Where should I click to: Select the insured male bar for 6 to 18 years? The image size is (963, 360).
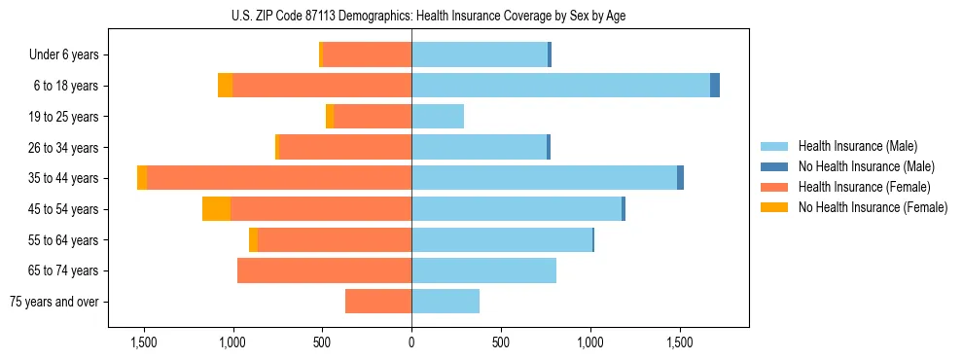560,86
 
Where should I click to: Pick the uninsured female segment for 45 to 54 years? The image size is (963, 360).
216,209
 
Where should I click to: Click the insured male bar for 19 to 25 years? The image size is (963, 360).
438,117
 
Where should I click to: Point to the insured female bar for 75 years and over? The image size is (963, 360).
378,302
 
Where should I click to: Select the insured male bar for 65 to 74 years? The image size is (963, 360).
483,270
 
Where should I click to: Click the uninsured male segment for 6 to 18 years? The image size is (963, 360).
715,86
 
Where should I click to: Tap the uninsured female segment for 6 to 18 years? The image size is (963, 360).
225,86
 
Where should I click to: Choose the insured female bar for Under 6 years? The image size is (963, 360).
367,54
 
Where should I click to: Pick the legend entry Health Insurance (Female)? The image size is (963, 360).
856,187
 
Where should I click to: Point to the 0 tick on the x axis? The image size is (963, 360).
411,343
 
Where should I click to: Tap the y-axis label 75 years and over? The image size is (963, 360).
54,302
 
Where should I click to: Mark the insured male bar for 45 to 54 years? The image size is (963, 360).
517,209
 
